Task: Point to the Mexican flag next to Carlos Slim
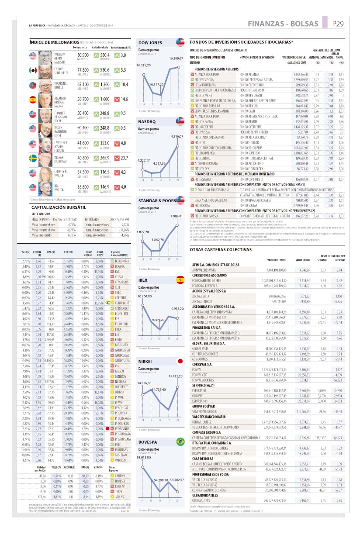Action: tap(33, 70)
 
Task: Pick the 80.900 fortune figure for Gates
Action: tap(83, 55)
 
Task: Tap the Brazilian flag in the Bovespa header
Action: tap(180, 442)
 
